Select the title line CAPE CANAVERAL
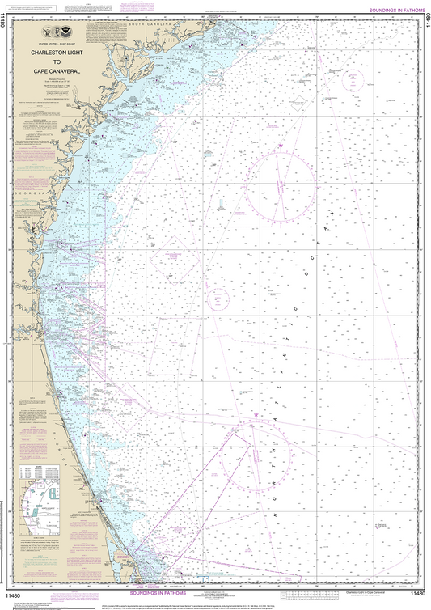(65, 69)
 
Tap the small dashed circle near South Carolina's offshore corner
(353, 80)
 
